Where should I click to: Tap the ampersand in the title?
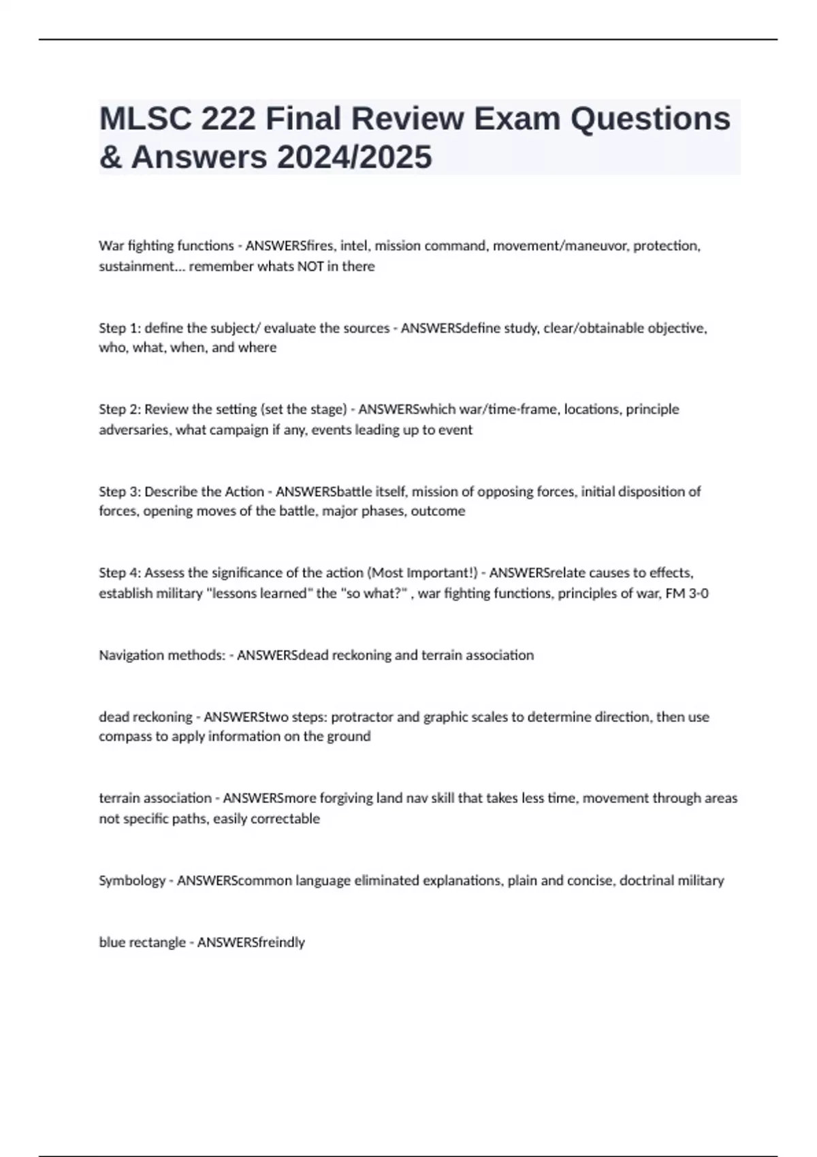tap(109, 157)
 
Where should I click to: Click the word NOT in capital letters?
tap(310, 266)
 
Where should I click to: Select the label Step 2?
tap(119, 409)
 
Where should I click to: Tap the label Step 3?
tap(119, 491)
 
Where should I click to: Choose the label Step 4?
tap(119, 572)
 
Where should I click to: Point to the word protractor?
tap(362, 717)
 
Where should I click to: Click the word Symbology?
tap(132, 881)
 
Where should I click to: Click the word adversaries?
tap(133, 430)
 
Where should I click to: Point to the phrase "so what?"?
tap(374, 593)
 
